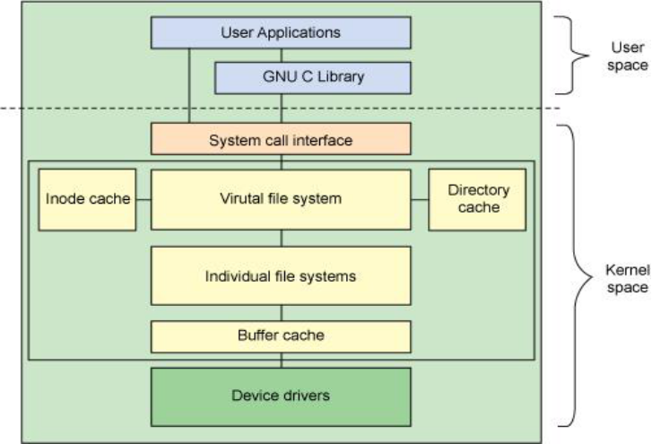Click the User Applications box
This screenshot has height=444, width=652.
pos(281,33)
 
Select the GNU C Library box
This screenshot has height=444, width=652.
pos(312,77)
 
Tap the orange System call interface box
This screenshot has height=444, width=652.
pos(281,140)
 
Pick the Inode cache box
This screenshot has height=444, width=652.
pos(87,199)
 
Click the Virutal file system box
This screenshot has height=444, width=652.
pos(281,199)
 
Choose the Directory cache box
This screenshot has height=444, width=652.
pos(477,199)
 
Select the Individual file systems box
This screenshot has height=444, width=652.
pos(281,275)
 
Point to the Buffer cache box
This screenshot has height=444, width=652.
pos(281,336)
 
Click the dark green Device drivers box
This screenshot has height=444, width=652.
pos(281,395)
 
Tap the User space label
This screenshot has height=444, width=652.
pos(631,56)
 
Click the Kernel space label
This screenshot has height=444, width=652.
pos(627,278)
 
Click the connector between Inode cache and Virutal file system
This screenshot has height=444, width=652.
pos(143,199)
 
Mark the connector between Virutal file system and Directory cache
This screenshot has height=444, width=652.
pos(420,199)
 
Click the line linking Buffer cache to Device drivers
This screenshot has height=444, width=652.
pos(281,360)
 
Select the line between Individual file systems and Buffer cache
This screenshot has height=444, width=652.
pos(281,313)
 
